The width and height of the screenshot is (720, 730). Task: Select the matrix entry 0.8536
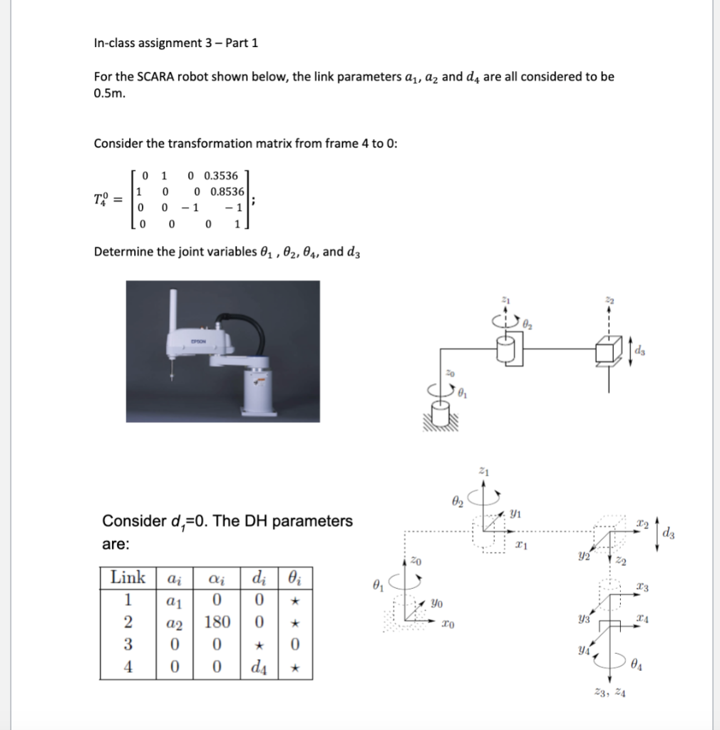coord(227,192)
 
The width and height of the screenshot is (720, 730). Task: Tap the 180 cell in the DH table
coord(219,622)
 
